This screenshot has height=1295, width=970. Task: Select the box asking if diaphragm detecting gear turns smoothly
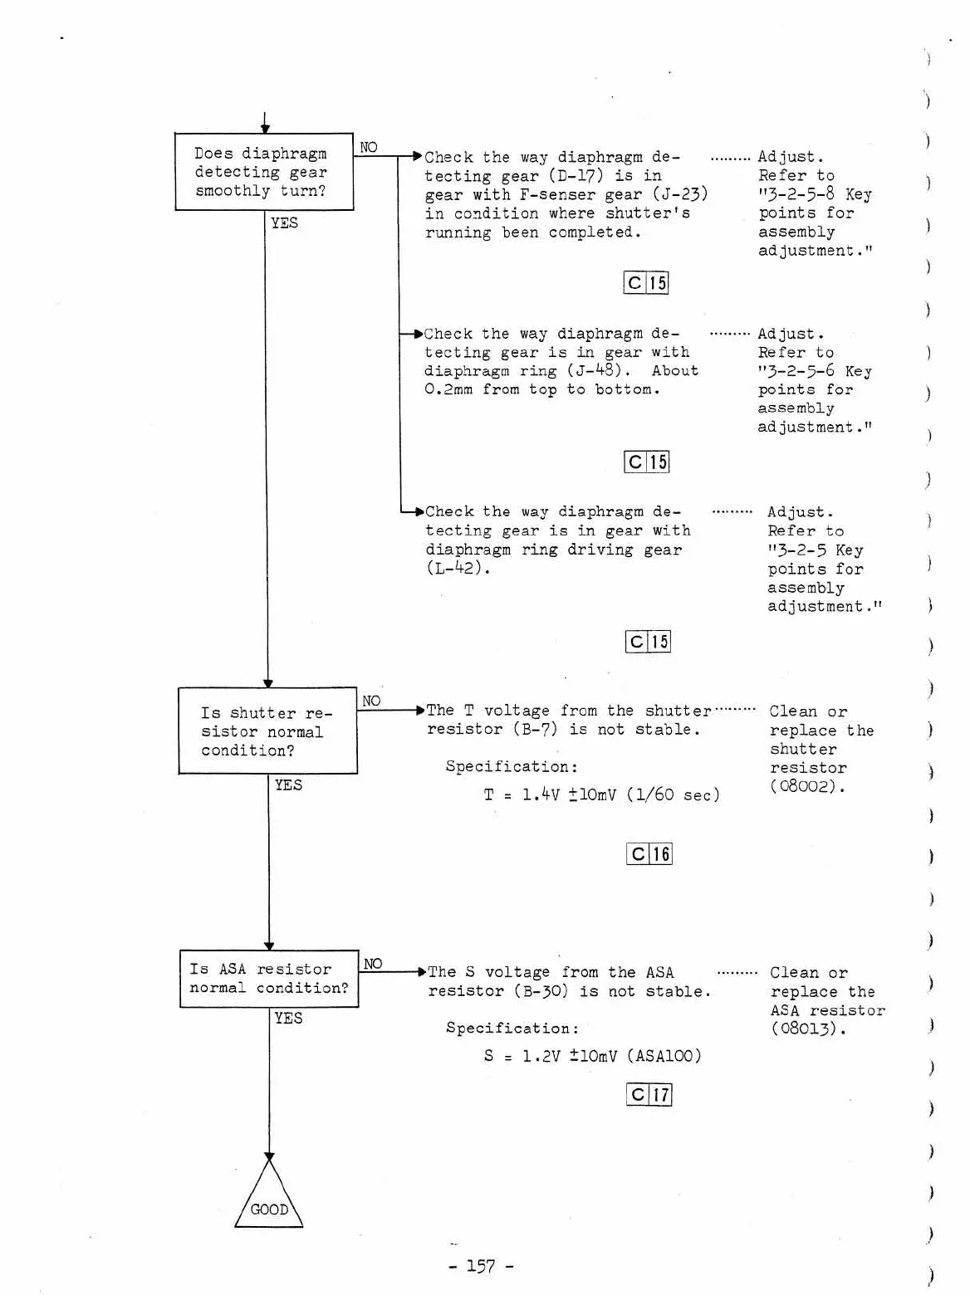[x=264, y=172]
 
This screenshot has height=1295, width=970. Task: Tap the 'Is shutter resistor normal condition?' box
[x=267, y=731]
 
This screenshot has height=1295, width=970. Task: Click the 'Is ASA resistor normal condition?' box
[x=269, y=979]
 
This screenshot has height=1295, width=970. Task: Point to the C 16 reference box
[x=649, y=854]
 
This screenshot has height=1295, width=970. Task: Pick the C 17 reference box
[x=649, y=1095]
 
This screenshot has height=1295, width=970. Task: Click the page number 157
[x=481, y=1266]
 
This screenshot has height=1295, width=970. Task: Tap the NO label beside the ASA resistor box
[x=373, y=964]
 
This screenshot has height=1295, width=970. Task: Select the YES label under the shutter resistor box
[x=288, y=785]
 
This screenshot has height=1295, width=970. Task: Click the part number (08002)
[x=807, y=786]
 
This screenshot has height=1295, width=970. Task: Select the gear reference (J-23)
[x=679, y=194]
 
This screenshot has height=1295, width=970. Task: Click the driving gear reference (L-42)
[x=458, y=569]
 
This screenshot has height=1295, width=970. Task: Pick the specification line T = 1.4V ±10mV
[x=601, y=795]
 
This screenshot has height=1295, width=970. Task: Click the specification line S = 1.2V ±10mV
[x=592, y=1056]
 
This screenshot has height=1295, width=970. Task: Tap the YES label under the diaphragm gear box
[x=284, y=223]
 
